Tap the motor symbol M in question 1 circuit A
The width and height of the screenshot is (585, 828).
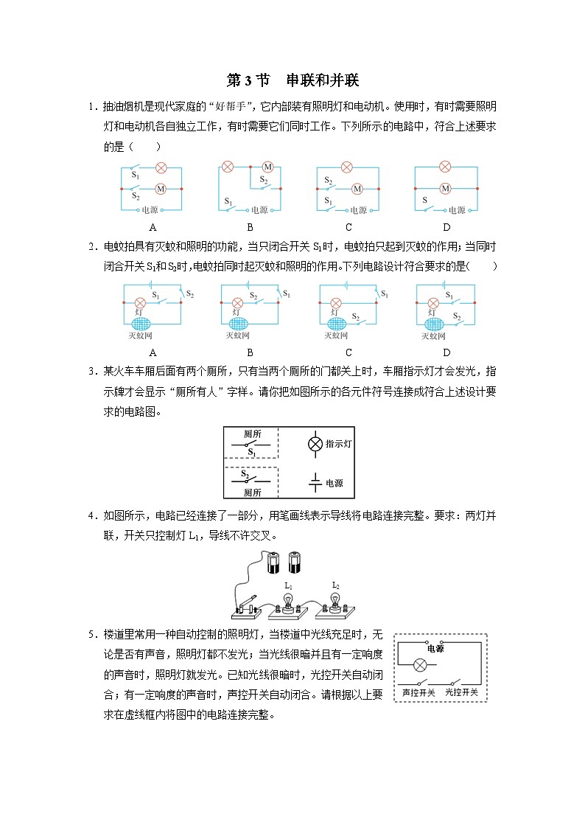click(159, 189)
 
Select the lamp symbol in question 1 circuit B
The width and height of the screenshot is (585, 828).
click(228, 167)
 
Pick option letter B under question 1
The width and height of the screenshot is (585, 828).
click(250, 227)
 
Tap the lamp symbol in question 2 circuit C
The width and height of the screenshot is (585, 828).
click(336, 303)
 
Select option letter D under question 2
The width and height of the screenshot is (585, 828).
click(446, 352)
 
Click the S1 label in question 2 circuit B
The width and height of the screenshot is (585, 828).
click(286, 294)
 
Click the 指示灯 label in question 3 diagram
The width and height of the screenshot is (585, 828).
click(338, 444)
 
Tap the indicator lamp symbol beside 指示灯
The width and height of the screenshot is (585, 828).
click(315, 444)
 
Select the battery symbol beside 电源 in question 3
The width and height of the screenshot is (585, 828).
click(315, 482)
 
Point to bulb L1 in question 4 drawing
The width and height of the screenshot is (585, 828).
click(289, 598)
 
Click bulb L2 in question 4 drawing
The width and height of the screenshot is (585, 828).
click(336, 597)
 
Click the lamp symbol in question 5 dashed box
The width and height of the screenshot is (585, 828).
click(419, 664)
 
